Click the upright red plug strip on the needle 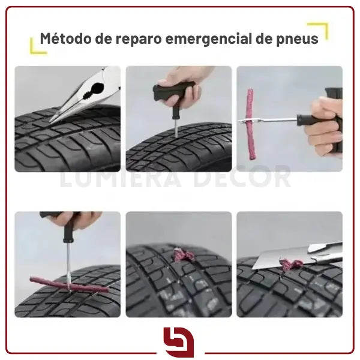(250, 125)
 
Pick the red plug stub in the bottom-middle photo (182, 255)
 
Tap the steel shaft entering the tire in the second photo (176, 128)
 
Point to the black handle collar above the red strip (68, 234)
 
